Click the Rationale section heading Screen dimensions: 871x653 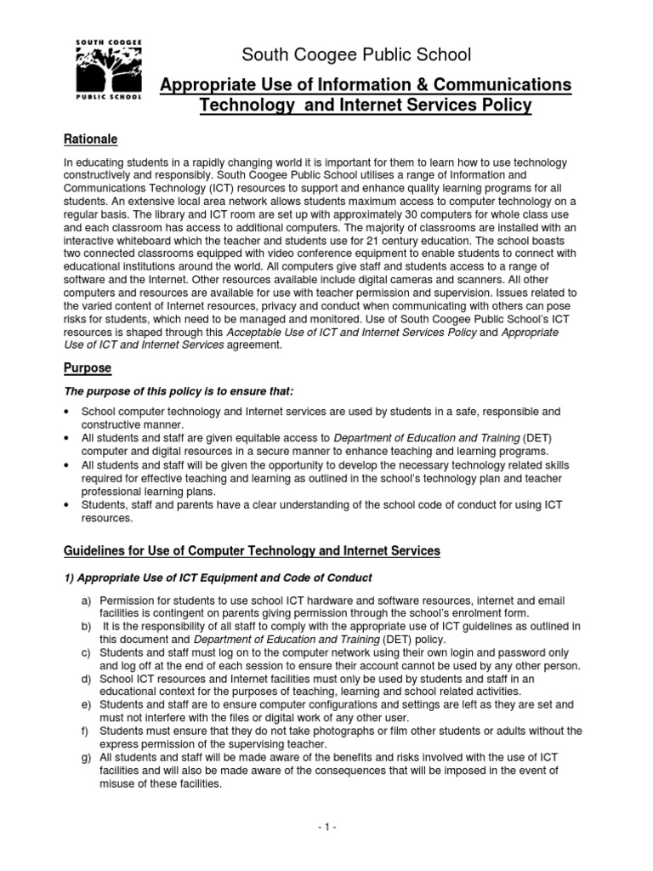[91, 139]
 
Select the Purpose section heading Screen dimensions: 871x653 [88, 368]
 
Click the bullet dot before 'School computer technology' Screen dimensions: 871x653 [67, 412]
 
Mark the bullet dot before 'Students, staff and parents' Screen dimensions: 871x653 [67, 505]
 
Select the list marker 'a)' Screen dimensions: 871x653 [86, 601]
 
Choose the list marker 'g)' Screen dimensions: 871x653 [86, 757]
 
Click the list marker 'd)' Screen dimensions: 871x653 [86, 679]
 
